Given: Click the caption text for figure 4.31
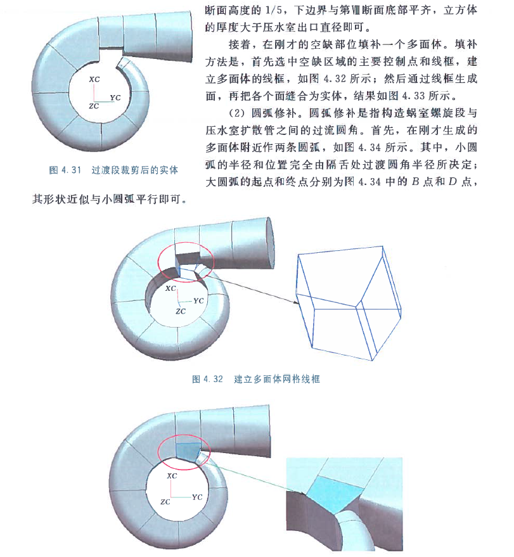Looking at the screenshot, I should [x=113, y=170].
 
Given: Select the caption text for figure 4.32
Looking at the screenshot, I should [x=255, y=380].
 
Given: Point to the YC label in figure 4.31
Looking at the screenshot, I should [x=115, y=98].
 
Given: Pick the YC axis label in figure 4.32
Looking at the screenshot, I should [x=198, y=300].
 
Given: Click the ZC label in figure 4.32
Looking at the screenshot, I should [x=181, y=311].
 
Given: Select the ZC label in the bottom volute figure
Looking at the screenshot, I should [x=165, y=501].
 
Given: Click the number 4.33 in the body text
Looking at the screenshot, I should [x=409, y=97].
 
